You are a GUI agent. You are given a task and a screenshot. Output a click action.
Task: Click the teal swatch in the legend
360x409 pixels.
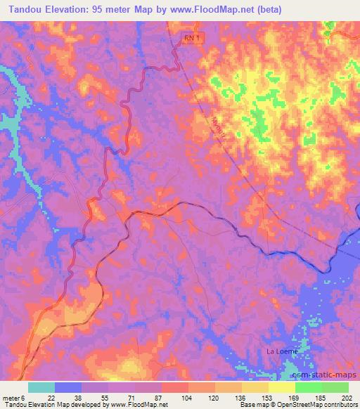click(42, 387)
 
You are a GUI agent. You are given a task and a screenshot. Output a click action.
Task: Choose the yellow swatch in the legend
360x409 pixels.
click(281, 387)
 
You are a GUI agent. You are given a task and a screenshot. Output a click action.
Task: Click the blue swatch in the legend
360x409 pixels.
click(69, 387)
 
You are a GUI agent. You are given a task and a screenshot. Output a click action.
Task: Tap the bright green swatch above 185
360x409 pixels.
click(308, 387)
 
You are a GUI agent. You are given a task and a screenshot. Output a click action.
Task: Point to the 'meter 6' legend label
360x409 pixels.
click(14, 398)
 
